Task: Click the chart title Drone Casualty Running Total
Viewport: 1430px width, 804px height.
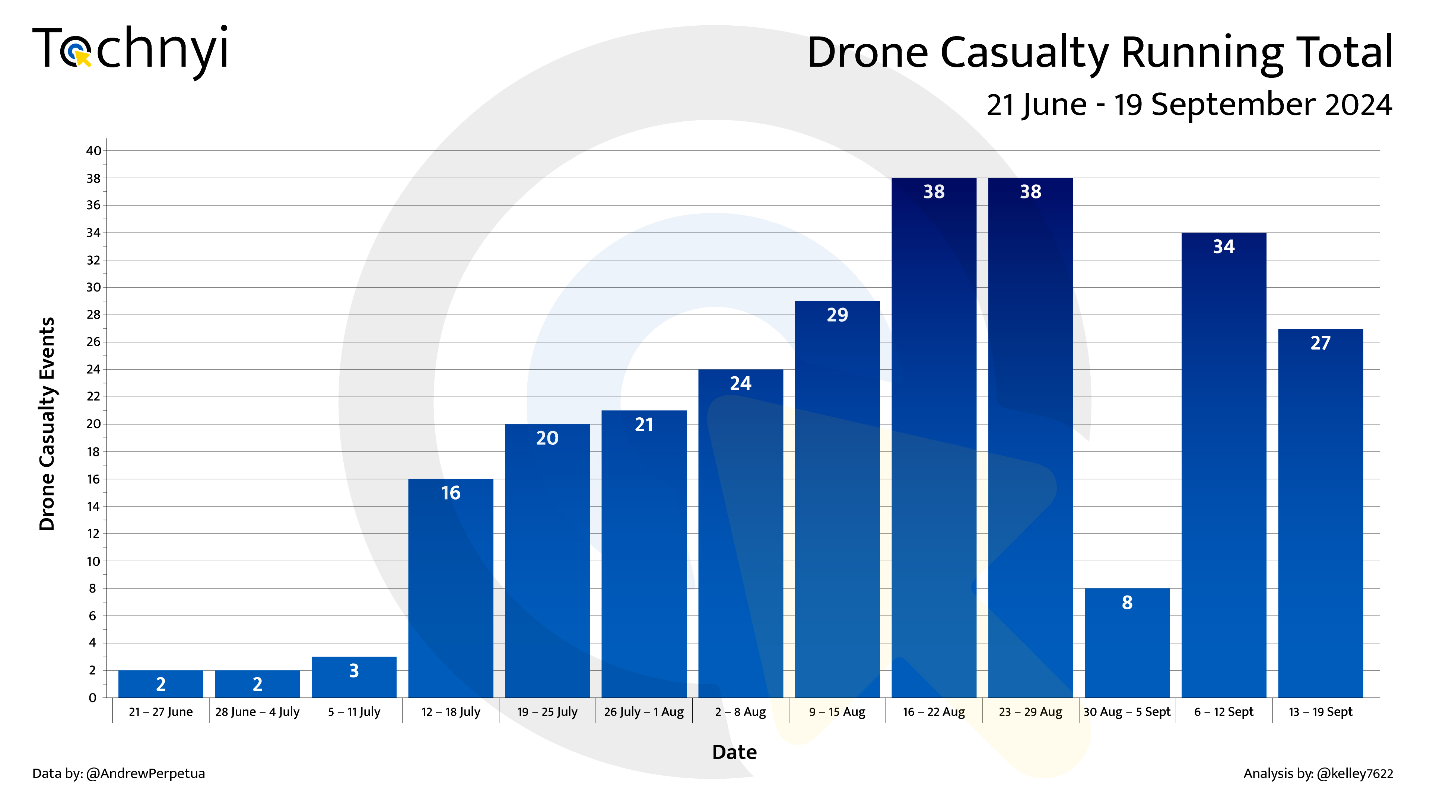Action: point(1099,53)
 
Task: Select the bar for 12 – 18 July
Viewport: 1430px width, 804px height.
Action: point(450,588)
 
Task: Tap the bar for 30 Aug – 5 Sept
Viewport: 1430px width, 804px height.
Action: point(1127,644)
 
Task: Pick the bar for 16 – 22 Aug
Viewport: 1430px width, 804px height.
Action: point(934,438)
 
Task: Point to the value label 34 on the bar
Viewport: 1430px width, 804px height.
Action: point(1223,246)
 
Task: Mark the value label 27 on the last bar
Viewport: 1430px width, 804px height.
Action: point(1320,343)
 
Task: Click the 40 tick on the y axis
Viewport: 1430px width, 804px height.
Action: point(93,150)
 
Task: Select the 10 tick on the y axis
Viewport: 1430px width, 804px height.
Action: point(93,561)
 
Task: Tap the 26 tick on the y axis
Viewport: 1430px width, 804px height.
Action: point(93,342)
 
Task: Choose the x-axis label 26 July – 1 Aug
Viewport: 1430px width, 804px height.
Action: point(644,712)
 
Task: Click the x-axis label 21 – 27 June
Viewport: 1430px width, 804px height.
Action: point(161,712)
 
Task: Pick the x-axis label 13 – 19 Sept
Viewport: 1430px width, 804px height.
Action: point(1320,712)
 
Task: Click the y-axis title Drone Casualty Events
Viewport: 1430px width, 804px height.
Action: point(47,424)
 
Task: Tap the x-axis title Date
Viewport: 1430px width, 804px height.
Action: point(734,752)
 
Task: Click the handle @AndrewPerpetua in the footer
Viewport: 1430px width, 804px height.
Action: point(146,773)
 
